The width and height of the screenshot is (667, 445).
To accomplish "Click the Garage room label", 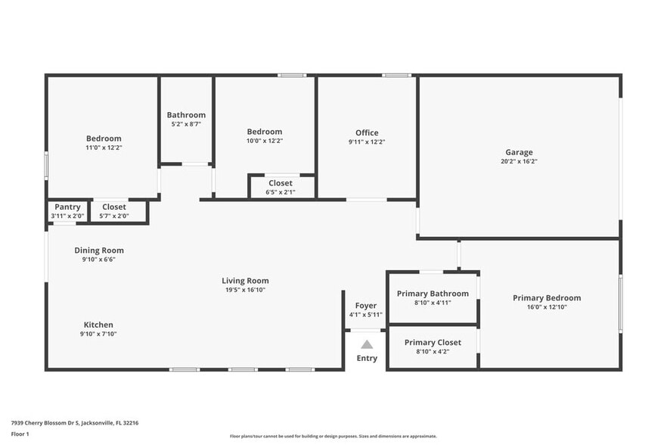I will pos(519,152).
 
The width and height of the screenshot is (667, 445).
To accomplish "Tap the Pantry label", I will pos(67,207).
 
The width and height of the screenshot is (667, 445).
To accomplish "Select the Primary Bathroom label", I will pos(433,294).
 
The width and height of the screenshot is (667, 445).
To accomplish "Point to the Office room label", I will pos(367,133).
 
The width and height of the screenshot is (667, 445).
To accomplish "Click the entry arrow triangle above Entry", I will pos(367,344).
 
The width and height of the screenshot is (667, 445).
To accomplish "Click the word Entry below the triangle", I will pos(367,359).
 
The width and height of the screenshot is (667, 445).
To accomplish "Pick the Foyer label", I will pos(366,306).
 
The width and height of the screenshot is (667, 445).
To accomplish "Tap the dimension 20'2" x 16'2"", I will pos(519,161).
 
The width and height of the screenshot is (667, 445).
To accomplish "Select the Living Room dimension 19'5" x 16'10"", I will pos(245,290).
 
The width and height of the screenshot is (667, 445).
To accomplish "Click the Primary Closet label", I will pos(433,342).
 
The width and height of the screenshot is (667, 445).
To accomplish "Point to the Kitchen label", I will pos(98,325).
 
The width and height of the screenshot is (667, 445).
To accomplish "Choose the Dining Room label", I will pos(99,251).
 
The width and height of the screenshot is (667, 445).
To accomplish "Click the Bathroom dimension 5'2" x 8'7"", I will pos(186,124).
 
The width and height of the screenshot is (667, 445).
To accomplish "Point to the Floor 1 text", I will pos(20,434).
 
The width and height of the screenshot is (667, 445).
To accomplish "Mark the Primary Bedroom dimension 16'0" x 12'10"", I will pos(547,307).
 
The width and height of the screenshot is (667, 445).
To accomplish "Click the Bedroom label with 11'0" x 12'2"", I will pos(104,138).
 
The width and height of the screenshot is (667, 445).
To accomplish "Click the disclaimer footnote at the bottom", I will pos(333,436).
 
